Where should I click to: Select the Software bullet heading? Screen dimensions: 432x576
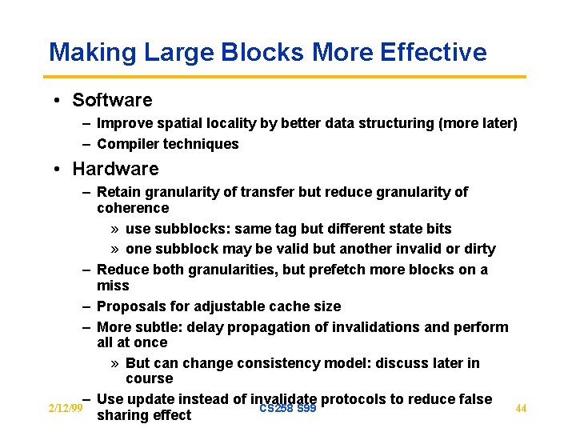[x=112, y=100]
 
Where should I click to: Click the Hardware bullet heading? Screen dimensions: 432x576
[x=115, y=169]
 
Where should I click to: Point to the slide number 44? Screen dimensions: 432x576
[x=521, y=409]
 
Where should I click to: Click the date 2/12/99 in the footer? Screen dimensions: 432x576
[x=66, y=409]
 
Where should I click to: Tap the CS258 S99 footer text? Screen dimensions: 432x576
[x=288, y=409]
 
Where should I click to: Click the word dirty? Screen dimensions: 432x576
[x=478, y=249]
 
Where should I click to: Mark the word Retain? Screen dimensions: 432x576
[x=118, y=192]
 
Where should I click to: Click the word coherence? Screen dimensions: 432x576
[x=133, y=208]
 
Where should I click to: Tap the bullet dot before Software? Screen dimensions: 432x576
[x=58, y=101]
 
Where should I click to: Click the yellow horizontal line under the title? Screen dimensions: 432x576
[x=287, y=77]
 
